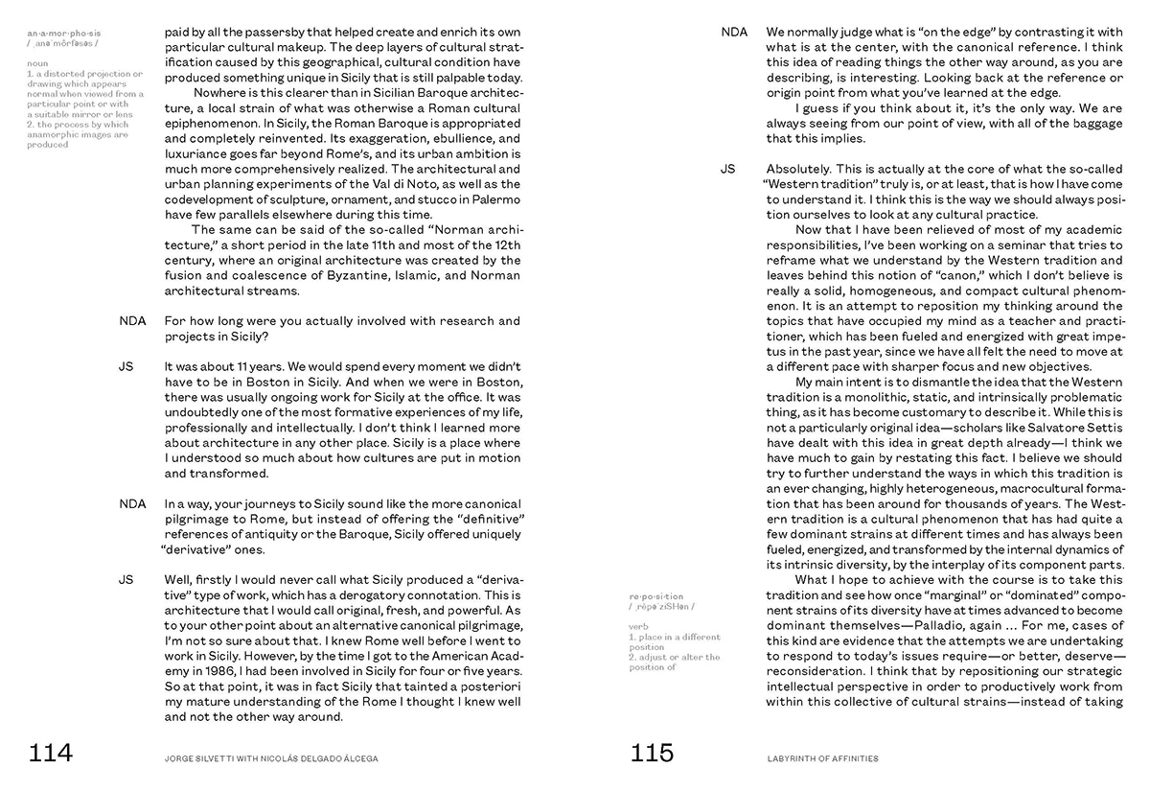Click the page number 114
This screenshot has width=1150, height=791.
point(51,754)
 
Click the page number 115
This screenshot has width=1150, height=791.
point(652,754)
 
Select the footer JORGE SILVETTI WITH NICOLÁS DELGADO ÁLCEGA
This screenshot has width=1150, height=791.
point(271,758)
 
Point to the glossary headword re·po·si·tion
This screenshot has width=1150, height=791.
point(656,596)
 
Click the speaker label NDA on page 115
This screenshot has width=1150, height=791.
point(734,33)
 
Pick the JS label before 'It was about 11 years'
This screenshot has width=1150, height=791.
point(126,366)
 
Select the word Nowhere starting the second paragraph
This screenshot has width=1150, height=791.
point(220,93)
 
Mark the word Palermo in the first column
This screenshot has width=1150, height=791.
point(490,199)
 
